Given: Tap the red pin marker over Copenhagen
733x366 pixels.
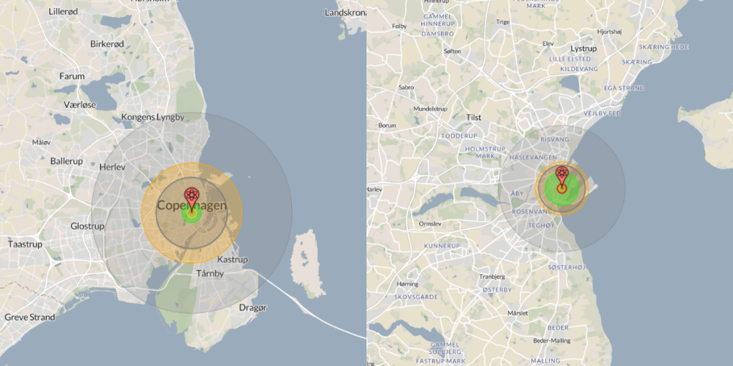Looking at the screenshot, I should (192, 195).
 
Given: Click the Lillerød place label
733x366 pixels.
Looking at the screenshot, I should (64, 11).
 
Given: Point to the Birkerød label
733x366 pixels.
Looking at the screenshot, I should (107, 44).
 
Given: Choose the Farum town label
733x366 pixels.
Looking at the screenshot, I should (72, 76).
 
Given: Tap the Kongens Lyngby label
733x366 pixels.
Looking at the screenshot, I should (152, 117).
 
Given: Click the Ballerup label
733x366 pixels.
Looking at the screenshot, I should (67, 162).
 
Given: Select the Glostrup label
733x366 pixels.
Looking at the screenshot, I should (87, 226).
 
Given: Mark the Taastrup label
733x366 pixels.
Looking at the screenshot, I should (25, 244).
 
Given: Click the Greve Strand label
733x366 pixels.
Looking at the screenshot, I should (30, 317).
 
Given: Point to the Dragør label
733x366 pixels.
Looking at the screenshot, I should (252, 308).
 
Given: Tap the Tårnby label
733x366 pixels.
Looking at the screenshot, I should (210, 274).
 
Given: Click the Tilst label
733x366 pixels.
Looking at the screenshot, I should (474, 117).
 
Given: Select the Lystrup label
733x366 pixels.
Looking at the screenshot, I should (583, 49).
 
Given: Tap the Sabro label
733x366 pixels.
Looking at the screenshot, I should (406, 88).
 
